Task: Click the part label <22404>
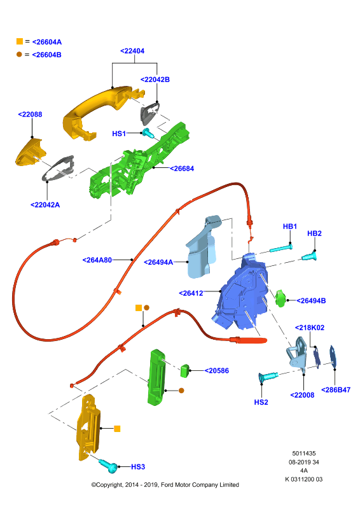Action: click(132, 51)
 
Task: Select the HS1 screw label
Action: click(119, 134)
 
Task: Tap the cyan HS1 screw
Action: click(148, 132)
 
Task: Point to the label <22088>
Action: click(30, 115)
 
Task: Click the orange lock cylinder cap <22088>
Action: click(30, 151)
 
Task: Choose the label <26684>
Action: click(182, 169)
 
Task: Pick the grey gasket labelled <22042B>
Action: click(149, 113)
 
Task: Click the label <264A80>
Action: click(97, 260)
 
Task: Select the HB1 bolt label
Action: click(290, 227)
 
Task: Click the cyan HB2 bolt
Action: click(309, 256)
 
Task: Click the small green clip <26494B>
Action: click(280, 298)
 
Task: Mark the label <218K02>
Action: click(309, 328)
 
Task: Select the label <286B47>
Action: click(336, 390)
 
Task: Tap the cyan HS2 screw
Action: click(268, 377)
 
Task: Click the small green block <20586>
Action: click(185, 371)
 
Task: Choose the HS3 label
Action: click(138, 467)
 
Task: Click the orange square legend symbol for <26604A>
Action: click(20, 41)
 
